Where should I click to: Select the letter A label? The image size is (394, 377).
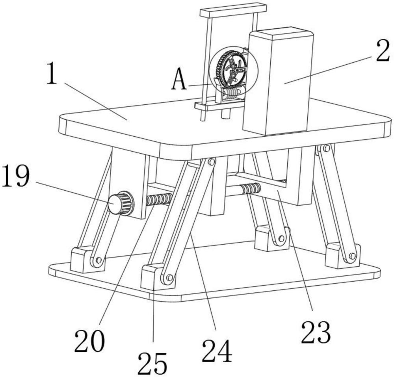pos(179,79)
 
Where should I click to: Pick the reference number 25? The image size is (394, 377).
pos(152,364)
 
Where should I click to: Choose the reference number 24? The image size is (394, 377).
pos(217,351)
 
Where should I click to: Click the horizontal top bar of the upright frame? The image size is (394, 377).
pos(233,10)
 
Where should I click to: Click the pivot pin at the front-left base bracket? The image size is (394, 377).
pos(98,260)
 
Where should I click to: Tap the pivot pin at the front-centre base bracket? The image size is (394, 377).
pos(169,278)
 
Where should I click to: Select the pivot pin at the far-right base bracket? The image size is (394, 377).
pos(352,256)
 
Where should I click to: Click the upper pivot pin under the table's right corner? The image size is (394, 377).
pos(326,148)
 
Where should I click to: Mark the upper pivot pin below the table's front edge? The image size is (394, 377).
pos(211,162)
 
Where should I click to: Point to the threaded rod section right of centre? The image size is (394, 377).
pos(251,188)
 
